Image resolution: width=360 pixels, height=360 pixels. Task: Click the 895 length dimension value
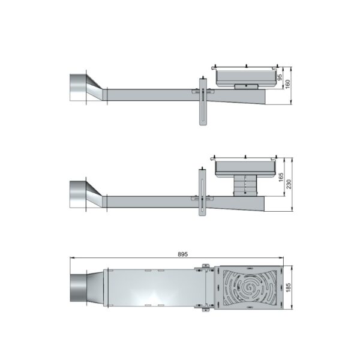tap(182, 254)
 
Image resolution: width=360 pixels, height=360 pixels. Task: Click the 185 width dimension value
tap(289, 287)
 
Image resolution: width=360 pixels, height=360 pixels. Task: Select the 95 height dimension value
tap(280, 77)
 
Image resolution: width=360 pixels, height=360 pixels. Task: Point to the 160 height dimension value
tap(287, 84)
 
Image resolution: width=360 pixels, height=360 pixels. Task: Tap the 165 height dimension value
tap(281, 177)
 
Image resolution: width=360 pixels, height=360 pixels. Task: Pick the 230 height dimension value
tap(289, 184)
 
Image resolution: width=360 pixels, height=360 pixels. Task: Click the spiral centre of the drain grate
tap(249, 287)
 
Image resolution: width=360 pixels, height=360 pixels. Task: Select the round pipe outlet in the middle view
tap(78, 194)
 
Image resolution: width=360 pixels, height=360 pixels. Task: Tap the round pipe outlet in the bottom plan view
tap(79, 287)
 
